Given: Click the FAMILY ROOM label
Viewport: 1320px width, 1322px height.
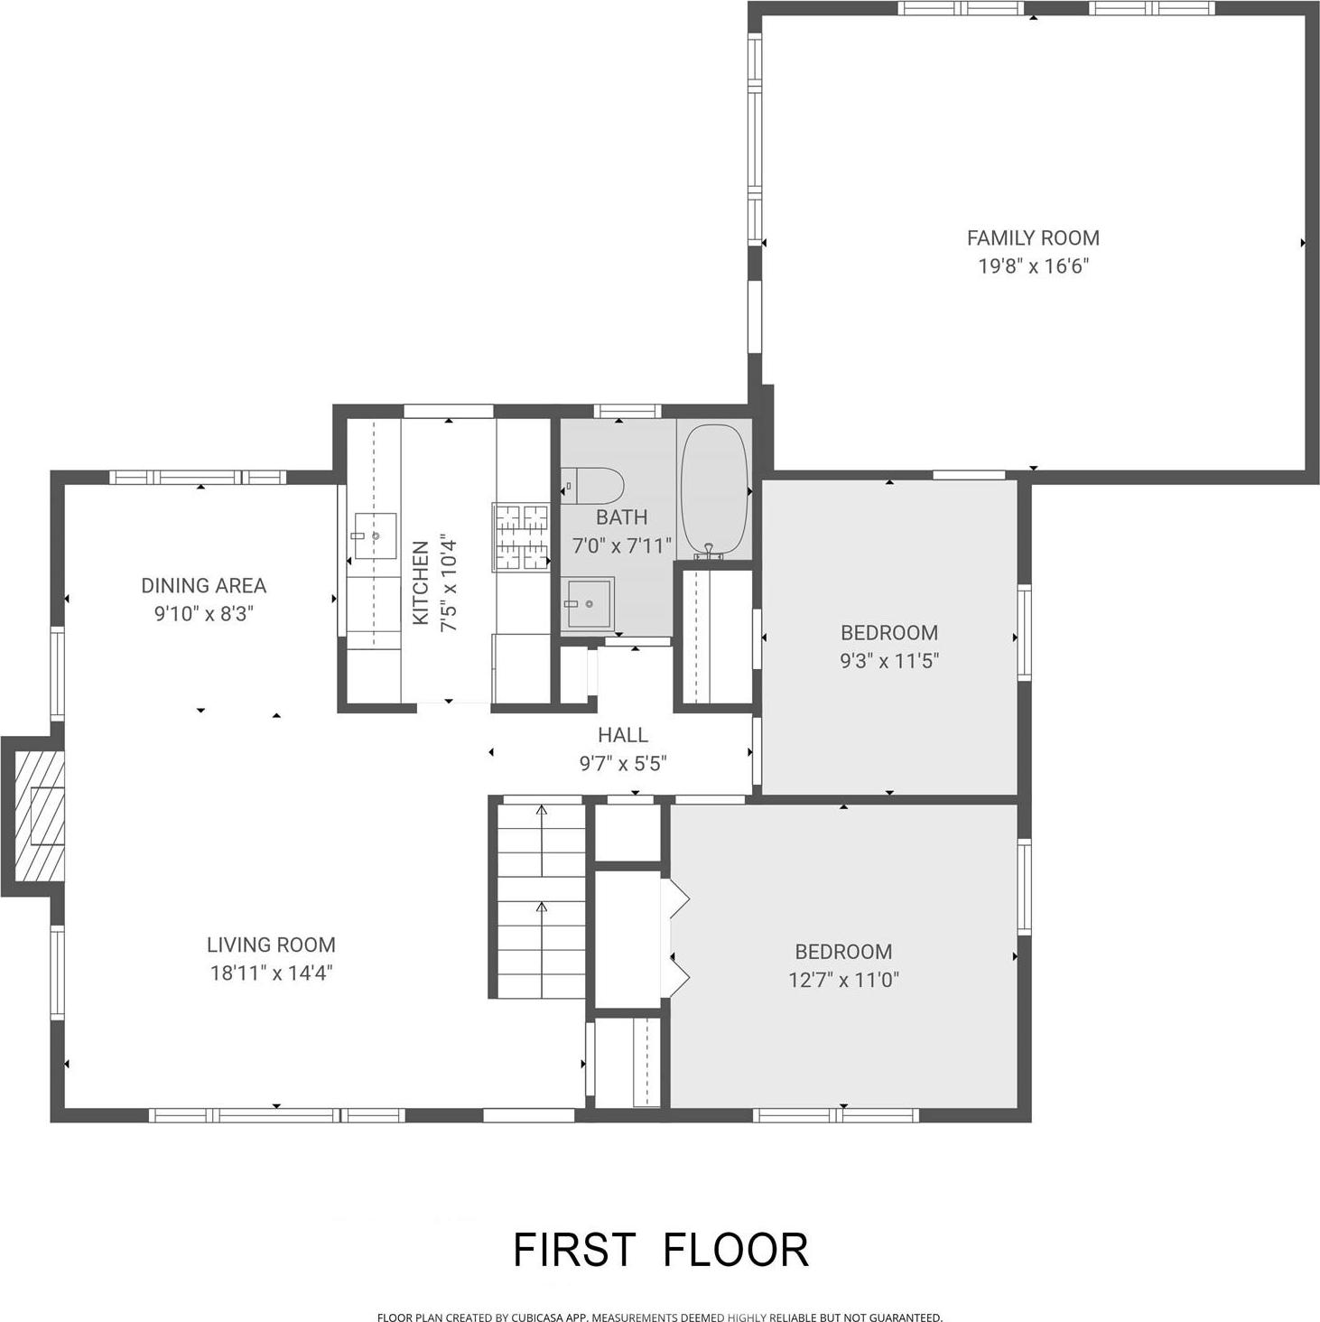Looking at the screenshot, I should pyautogui.click(x=1033, y=237).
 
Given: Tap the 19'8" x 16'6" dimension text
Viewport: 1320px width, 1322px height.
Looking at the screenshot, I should pyautogui.click(x=1033, y=266).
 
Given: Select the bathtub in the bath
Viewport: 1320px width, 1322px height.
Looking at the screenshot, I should pyautogui.click(x=713, y=489).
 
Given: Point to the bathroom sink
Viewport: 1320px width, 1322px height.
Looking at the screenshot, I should pyautogui.click(x=588, y=603).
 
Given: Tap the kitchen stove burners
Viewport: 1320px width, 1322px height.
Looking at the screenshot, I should pyautogui.click(x=521, y=536).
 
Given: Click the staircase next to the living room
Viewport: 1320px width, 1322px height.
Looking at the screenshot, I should pyautogui.click(x=541, y=900).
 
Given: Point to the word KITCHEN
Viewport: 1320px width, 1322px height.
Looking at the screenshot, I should pyautogui.click(x=421, y=582).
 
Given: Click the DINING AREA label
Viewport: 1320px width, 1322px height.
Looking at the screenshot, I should pyautogui.click(x=203, y=585).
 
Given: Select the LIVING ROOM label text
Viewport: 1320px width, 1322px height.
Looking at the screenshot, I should pyautogui.click(x=271, y=945).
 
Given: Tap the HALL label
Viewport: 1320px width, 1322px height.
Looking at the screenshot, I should pyautogui.click(x=622, y=735).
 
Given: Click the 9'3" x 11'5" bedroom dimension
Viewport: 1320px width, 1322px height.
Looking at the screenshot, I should pyautogui.click(x=889, y=661).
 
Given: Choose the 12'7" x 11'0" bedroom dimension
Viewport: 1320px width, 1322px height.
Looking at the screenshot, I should pyautogui.click(x=843, y=980).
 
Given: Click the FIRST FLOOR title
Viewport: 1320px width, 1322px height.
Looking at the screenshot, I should pyautogui.click(x=660, y=1250).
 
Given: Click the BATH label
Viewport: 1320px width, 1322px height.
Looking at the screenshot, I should pyautogui.click(x=621, y=517).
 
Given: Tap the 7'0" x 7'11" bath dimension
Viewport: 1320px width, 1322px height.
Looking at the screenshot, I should pyautogui.click(x=621, y=546).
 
